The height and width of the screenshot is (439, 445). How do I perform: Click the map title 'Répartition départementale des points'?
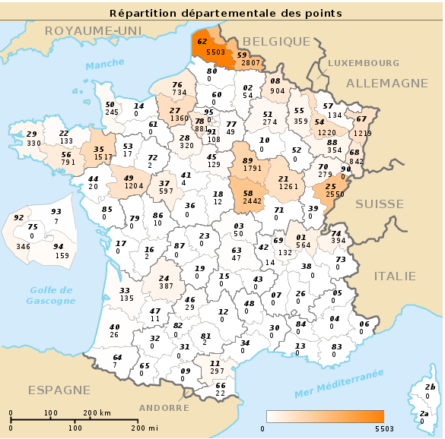225,13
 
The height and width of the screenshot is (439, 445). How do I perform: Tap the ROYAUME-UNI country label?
84,30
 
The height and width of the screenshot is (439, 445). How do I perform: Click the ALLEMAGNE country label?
387,83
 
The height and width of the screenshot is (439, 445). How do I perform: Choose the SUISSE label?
380,204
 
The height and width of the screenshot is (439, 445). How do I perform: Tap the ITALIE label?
395,276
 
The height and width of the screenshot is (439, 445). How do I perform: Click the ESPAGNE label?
59,390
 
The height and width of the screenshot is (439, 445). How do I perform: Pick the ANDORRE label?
164,408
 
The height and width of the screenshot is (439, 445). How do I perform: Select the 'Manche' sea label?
104,66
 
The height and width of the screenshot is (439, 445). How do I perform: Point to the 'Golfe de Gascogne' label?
52,295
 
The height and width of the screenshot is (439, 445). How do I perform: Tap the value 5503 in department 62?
216,52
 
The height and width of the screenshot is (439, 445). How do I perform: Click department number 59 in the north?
242,55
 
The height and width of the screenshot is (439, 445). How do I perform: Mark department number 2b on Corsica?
430,387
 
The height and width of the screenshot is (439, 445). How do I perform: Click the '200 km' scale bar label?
97,413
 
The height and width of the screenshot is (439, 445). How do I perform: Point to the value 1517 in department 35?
99,157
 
